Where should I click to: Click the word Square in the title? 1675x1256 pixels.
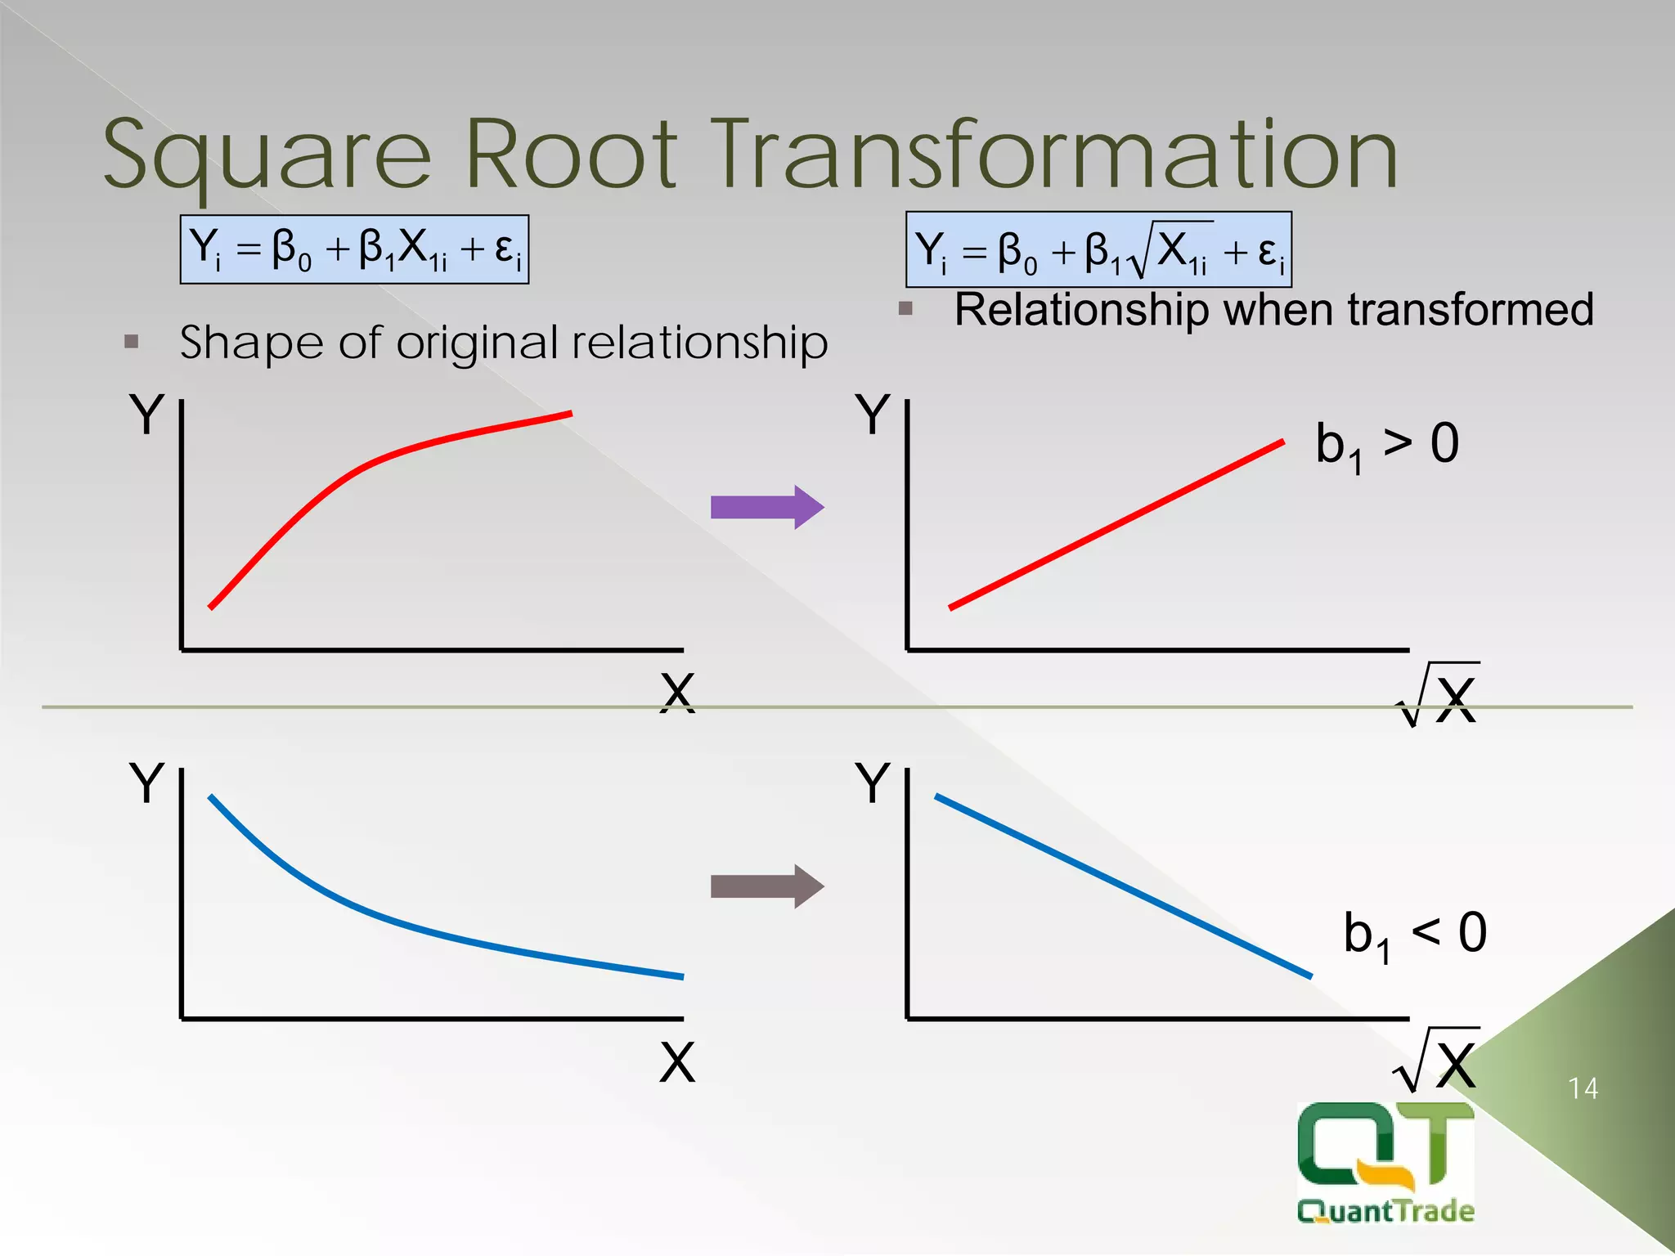click(267, 155)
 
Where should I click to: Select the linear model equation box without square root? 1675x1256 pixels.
click(354, 249)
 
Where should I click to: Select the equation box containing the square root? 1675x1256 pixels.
click(1098, 249)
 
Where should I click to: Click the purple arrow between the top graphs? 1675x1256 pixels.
click(766, 508)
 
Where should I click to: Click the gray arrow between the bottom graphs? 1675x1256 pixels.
click(766, 886)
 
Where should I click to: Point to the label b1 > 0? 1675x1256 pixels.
click(1386, 446)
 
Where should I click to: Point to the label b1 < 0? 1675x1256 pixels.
click(1414, 935)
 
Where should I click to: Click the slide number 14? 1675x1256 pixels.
click(1583, 1088)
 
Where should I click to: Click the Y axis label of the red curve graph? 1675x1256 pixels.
click(147, 415)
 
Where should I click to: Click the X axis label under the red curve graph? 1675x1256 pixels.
click(677, 693)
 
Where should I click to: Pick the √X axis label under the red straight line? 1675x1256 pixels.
click(1439, 697)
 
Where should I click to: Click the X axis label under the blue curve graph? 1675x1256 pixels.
click(677, 1062)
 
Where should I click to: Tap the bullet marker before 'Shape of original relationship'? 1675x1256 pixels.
click(132, 341)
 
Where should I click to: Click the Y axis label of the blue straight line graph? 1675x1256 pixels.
click(873, 783)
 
